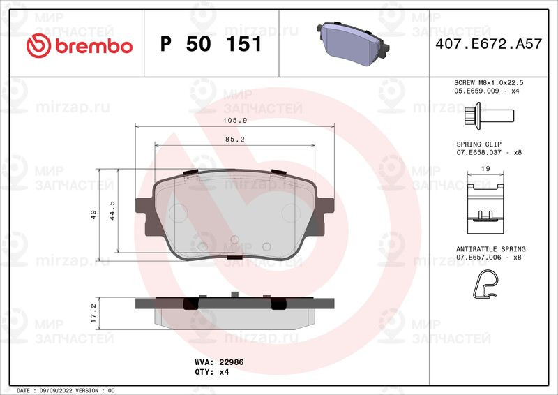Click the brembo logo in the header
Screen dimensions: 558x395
click(x=80, y=45)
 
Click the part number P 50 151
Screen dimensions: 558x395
click(x=211, y=44)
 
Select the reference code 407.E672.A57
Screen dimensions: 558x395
click(x=489, y=44)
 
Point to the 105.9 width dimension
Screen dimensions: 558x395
click(x=235, y=121)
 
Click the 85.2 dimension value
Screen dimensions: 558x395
click(x=235, y=140)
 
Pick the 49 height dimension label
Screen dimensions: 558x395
click(x=93, y=214)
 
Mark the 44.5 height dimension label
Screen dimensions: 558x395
click(x=112, y=211)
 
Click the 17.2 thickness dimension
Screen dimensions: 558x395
click(x=93, y=313)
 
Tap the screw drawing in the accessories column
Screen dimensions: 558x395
click(x=489, y=116)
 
